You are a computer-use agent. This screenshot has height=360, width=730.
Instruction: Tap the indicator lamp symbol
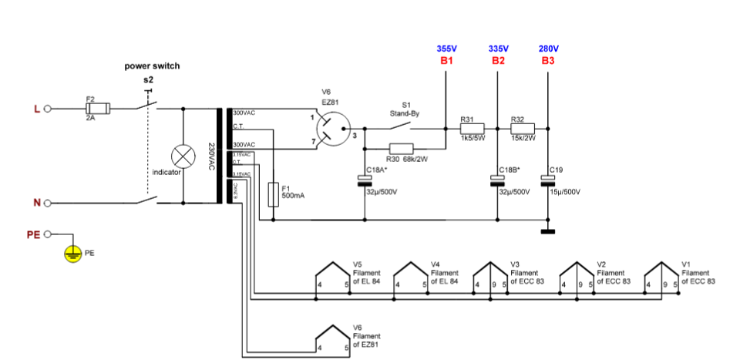click(x=183, y=156)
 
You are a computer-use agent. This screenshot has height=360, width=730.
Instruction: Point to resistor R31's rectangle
click(x=471, y=128)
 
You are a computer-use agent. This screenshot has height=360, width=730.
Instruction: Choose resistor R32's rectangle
click(x=522, y=128)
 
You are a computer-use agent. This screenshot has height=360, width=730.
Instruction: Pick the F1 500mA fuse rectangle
click(x=273, y=195)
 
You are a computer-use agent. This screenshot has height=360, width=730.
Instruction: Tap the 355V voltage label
click(x=446, y=49)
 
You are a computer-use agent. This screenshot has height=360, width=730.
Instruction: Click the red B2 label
click(x=497, y=60)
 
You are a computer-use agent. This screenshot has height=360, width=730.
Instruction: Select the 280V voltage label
click(x=548, y=49)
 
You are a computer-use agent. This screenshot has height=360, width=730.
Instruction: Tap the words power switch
click(x=152, y=66)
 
